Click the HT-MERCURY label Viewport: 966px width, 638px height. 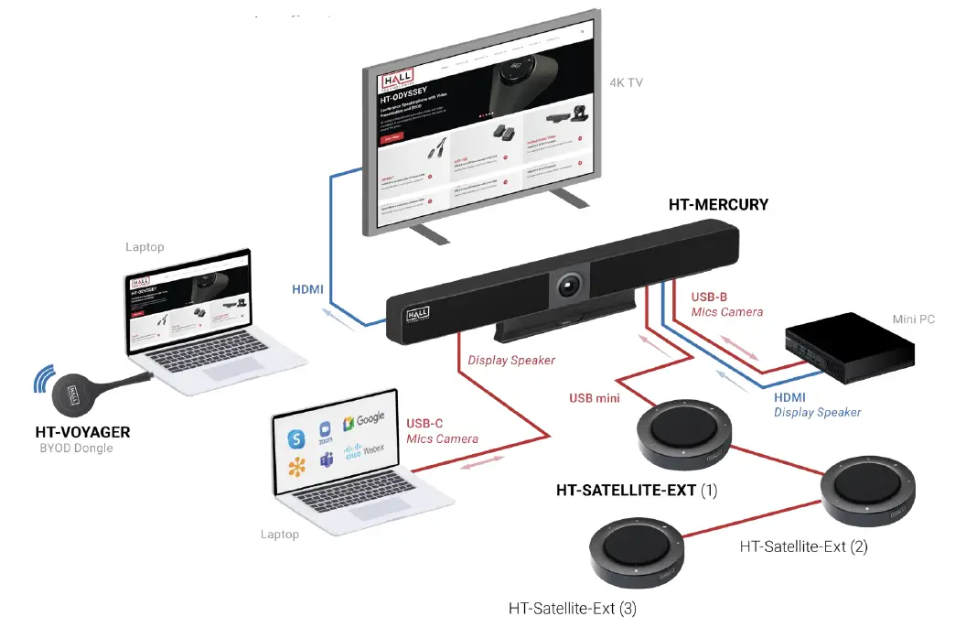718,205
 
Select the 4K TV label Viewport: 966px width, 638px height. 627,82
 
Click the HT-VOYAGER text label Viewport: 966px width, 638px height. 82,432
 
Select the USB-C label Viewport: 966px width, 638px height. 424,423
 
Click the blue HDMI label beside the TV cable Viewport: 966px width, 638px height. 307,289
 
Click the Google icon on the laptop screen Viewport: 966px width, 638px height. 364,421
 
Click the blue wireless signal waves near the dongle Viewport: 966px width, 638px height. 43,379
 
